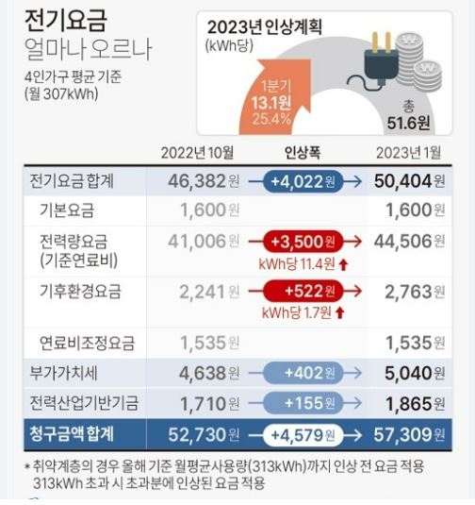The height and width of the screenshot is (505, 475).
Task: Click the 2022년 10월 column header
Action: tap(197, 152)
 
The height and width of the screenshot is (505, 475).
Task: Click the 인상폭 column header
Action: tap(303, 152)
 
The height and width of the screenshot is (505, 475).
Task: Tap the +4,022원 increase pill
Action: tap(303, 180)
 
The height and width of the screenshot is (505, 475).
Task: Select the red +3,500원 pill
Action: tap(303, 242)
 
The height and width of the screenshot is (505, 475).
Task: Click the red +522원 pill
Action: tap(303, 292)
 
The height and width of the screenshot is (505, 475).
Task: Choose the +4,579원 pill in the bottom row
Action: tap(303, 435)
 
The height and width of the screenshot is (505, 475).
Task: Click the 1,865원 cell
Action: tap(413, 403)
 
